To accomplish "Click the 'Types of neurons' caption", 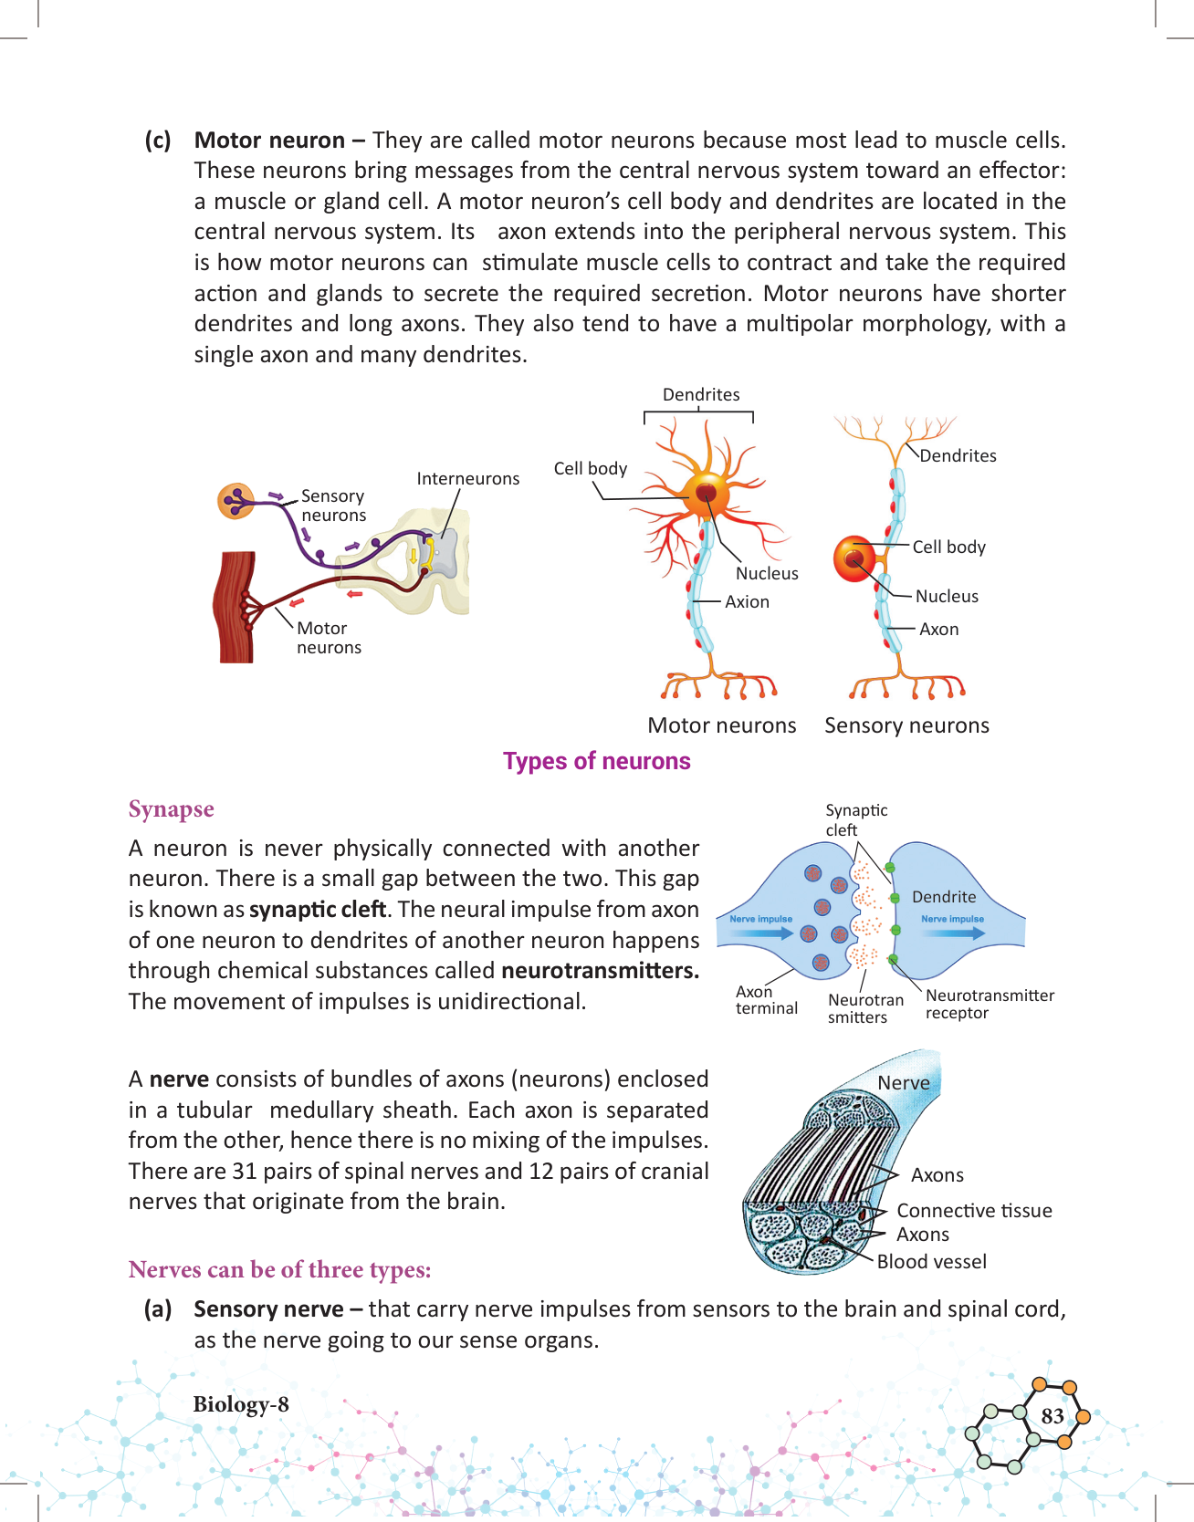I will (x=596, y=761).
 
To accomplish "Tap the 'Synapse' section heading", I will (x=171, y=809).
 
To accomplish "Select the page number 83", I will (x=1052, y=1416).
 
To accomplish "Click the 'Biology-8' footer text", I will (x=240, y=1404).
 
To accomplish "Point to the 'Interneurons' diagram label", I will (x=467, y=479).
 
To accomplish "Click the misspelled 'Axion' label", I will (x=747, y=602).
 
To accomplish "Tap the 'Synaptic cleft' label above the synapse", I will (x=855, y=819).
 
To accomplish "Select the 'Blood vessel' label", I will (x=931, y=1262).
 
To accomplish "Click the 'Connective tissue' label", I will (x=973, y=1211).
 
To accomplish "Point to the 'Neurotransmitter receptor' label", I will (x=989, y=1004).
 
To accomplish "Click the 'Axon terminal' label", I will (x=766, y=1000).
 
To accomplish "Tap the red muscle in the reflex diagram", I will (x=235, y=607).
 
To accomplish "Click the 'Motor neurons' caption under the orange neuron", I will (x=721, y=725).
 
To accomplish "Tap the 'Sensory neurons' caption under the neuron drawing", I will (x=906, y=725).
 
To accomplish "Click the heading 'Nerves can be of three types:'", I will (x=279, y=1270).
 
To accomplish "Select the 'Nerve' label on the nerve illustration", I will (x=903, y=1083).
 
